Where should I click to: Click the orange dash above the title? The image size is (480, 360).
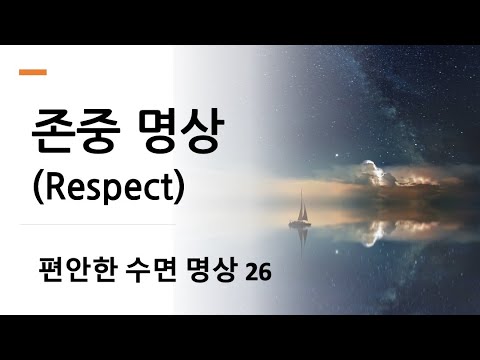click(x=33, y=72)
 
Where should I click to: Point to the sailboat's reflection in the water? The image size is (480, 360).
click(x=299, y=238)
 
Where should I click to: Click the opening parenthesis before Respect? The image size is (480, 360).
click(x=29, y=188)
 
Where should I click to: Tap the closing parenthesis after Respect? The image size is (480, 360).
click(x=178, y=188)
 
